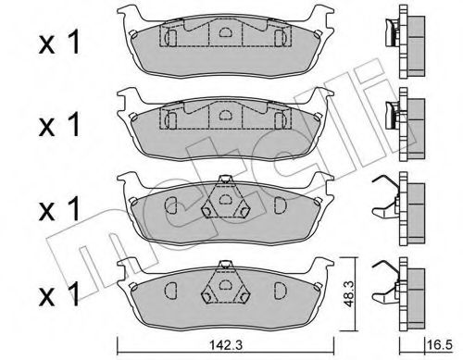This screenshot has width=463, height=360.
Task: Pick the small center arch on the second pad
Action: tap(222, 114)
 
